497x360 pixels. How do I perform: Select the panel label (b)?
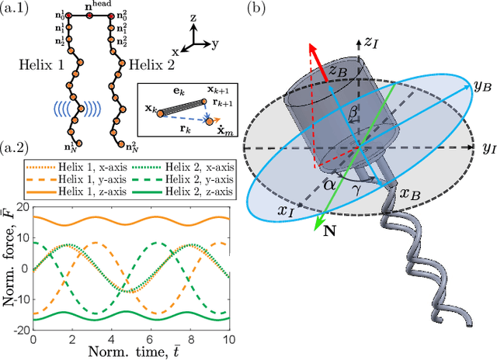click(x=255, y=9)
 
